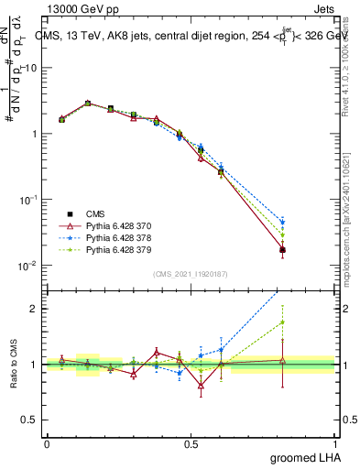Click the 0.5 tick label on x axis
(191, 443)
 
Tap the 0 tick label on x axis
(47, 443)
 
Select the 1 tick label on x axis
(335, 443)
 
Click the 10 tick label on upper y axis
(32, 68)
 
